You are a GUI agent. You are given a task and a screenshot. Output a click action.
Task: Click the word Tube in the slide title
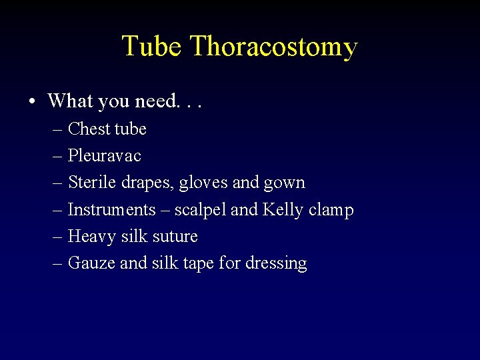tap(151, 47)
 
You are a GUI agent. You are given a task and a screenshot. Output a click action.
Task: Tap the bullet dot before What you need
tap(32, 101)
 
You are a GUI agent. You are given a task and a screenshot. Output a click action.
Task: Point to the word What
tap(70, 101)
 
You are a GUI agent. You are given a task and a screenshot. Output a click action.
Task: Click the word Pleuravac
tap(105, 156)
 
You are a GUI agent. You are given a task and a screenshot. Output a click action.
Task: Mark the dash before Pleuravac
tap(57, 157)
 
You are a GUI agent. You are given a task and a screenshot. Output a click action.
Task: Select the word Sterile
tap(89, 183)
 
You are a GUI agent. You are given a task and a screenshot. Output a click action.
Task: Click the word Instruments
tap(111, 210)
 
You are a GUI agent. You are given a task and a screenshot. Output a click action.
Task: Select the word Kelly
tap(283, 210)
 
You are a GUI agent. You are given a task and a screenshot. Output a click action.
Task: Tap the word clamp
tap(331, 211)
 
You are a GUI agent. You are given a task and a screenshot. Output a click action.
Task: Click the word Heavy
tap(89, 237)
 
